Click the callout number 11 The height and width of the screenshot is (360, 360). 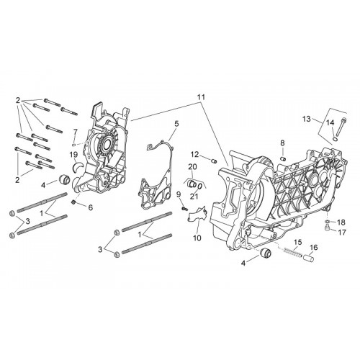[x=201, y=97]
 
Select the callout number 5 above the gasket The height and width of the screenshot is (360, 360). [x=176, y=124]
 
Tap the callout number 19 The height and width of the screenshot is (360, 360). [x=74, y=154]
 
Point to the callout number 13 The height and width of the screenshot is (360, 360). [x=307, y=119]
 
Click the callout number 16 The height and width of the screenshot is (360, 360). [x=314, y=248]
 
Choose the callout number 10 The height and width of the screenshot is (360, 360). [x=197, y=238]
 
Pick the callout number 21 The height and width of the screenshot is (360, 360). [x=194, y=197]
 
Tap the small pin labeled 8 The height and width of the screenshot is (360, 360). [x=283, y=158]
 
